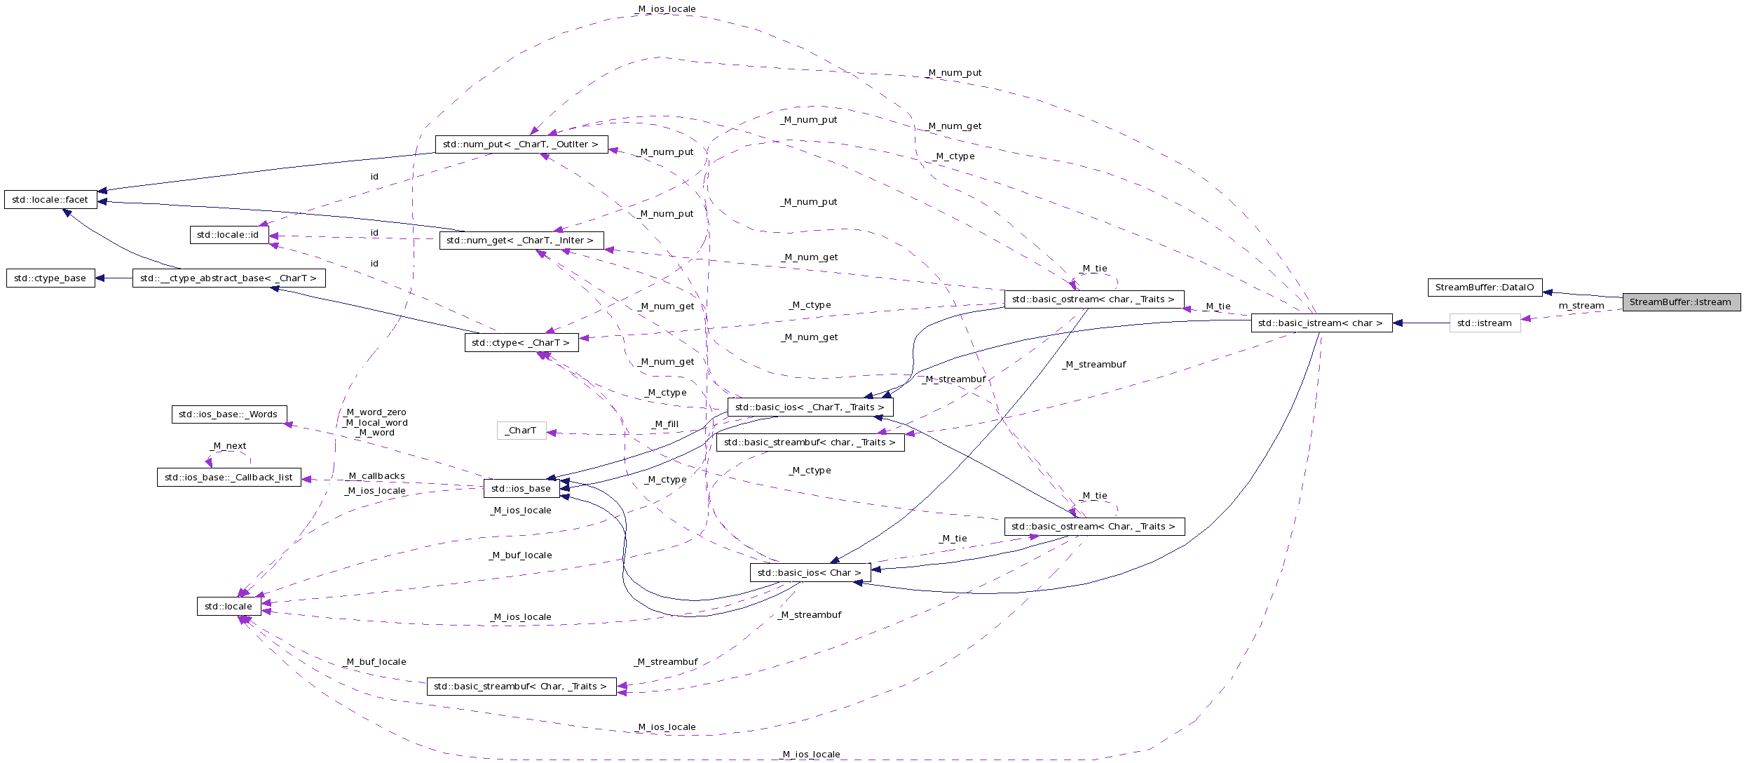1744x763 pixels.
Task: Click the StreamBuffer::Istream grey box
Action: point(1681,302)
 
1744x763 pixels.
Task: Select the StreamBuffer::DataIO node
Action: point(1485,288)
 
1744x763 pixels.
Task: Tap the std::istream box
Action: point(1485,323)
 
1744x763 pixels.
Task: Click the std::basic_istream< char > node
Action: point(1321,323)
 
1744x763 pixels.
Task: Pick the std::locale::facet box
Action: point(50,200)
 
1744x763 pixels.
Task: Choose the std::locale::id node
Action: point(229,235)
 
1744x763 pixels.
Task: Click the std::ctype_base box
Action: point(50,278)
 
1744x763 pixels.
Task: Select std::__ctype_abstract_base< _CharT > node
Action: point(229,278)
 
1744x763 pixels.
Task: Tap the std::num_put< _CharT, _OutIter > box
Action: point(522,144)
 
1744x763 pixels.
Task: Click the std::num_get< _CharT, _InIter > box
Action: point(521,241)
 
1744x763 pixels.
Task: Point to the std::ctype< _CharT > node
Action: point(521,343)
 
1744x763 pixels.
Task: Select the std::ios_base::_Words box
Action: point(229,414)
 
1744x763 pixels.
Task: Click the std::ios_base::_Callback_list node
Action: point(229,478)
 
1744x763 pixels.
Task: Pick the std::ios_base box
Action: point(521,489)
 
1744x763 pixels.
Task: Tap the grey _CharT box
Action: point(521,431)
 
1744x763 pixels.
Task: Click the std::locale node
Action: point(229,607)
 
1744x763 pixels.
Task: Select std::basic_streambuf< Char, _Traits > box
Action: point(521,687)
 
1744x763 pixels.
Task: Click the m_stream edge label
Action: point(1581,306)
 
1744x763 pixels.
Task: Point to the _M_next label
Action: point(229,446)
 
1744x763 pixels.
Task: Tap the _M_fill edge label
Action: point(665,424)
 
